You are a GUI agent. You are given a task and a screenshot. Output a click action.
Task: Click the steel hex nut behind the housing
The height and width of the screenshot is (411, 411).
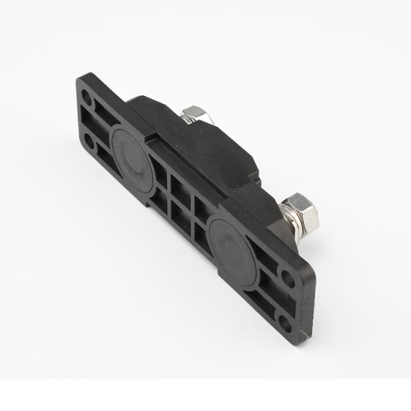196,115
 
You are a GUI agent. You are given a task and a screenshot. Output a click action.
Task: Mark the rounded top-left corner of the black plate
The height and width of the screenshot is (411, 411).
78,82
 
